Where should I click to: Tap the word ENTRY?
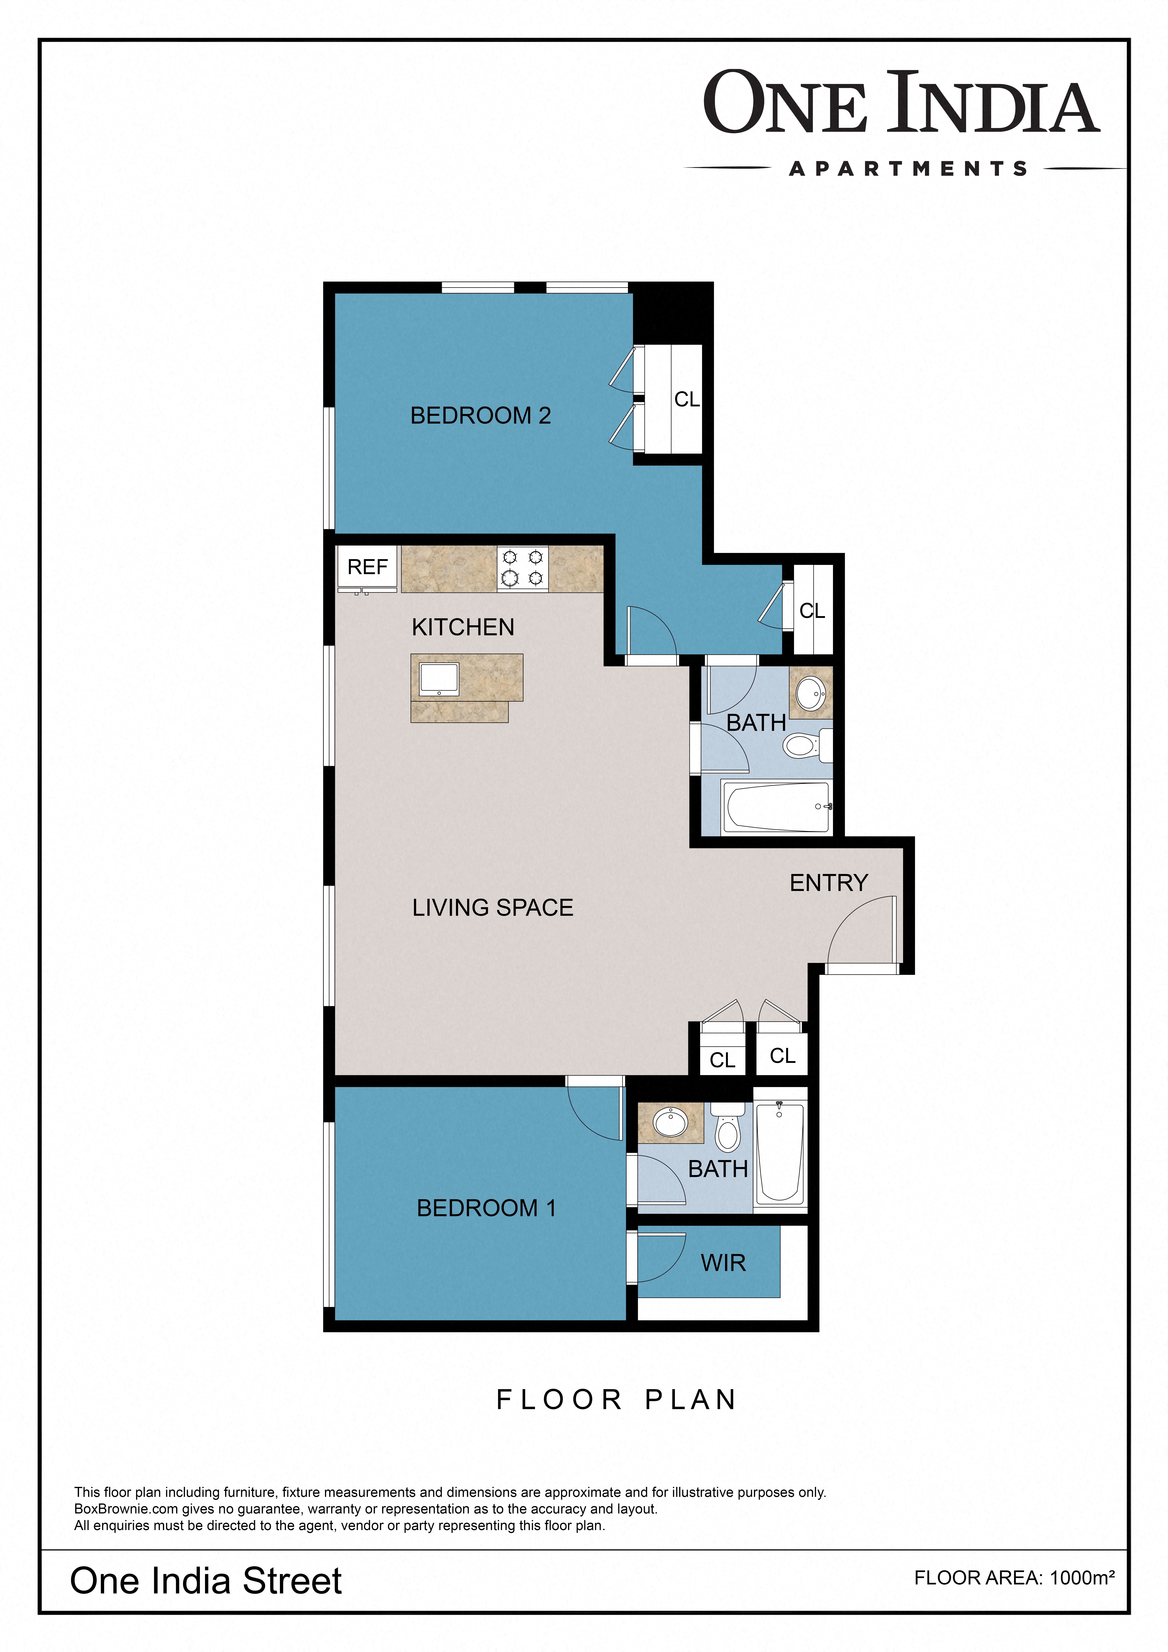pyautogui.click(x=828, y=883)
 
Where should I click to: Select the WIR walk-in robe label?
pyautogui.click(x=723, y=1263)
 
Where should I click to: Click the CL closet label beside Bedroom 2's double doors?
pyautogui.click(x=687, y=399)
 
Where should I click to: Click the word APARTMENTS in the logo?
pyautogui.click(x=908, y=169)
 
